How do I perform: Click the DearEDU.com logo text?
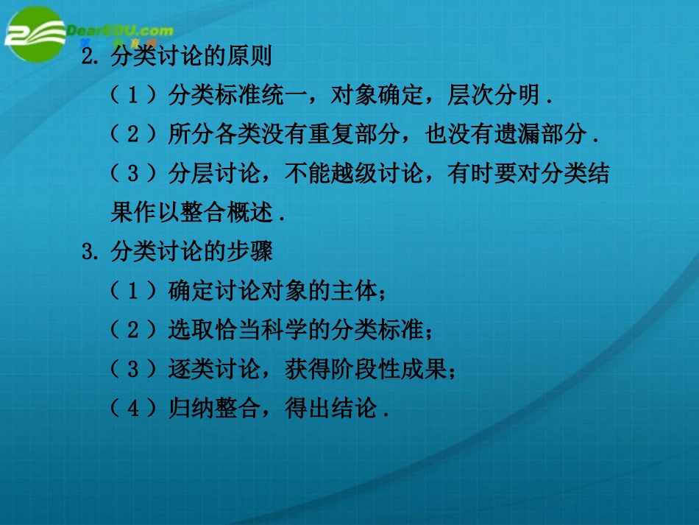[x=120, y=30]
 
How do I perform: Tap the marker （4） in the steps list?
[x=133, y=408]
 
